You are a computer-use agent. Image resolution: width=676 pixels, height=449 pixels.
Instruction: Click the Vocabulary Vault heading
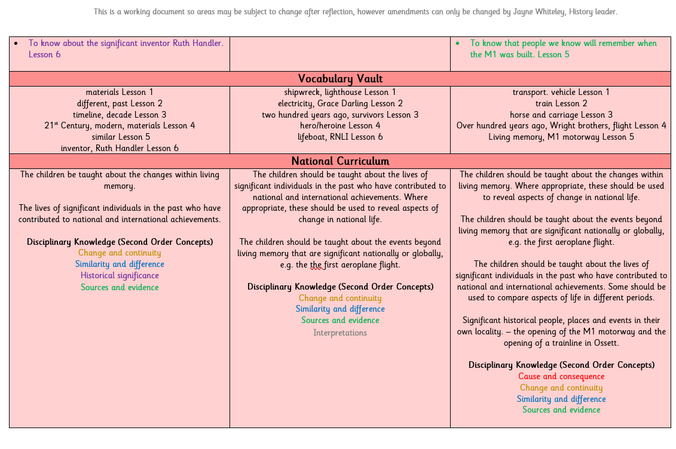click(340, 79)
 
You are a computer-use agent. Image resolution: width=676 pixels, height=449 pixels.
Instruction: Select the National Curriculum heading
click(340, 161)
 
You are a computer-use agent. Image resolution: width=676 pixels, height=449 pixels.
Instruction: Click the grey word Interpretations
click(340, 333)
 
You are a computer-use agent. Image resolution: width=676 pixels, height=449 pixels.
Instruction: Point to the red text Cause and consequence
click(561, 376)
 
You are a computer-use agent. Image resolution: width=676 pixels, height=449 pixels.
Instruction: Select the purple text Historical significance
click(120, 275)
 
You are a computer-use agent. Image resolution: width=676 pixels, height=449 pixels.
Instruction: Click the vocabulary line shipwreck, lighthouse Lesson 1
click(340, 92)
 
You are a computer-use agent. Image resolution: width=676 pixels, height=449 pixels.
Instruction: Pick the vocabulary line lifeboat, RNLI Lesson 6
click(340, 137)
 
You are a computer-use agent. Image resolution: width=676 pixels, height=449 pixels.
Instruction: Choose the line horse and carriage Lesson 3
click(561, 115)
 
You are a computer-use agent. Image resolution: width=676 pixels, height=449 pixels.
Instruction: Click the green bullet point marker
click(458, 44)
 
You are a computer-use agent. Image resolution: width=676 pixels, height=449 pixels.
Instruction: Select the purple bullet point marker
click(16, 44)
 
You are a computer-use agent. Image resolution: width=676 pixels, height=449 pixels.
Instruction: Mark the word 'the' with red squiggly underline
click(316, 265)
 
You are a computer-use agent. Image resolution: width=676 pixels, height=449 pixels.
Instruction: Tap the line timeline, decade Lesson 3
click(120, 115)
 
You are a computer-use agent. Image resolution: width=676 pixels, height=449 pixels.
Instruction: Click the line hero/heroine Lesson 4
click(340, 125)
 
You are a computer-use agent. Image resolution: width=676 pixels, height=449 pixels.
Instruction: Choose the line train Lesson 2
click(561, 103)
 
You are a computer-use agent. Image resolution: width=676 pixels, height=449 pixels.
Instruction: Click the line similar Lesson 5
click(120, 137)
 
